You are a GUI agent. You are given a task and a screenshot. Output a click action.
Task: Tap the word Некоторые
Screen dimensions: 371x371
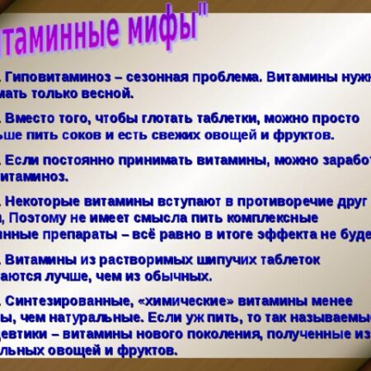click(49, 200)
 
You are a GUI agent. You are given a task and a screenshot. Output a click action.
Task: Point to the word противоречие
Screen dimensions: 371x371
click(268, 200)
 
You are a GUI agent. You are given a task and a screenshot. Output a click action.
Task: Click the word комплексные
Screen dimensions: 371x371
click(272, 218)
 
